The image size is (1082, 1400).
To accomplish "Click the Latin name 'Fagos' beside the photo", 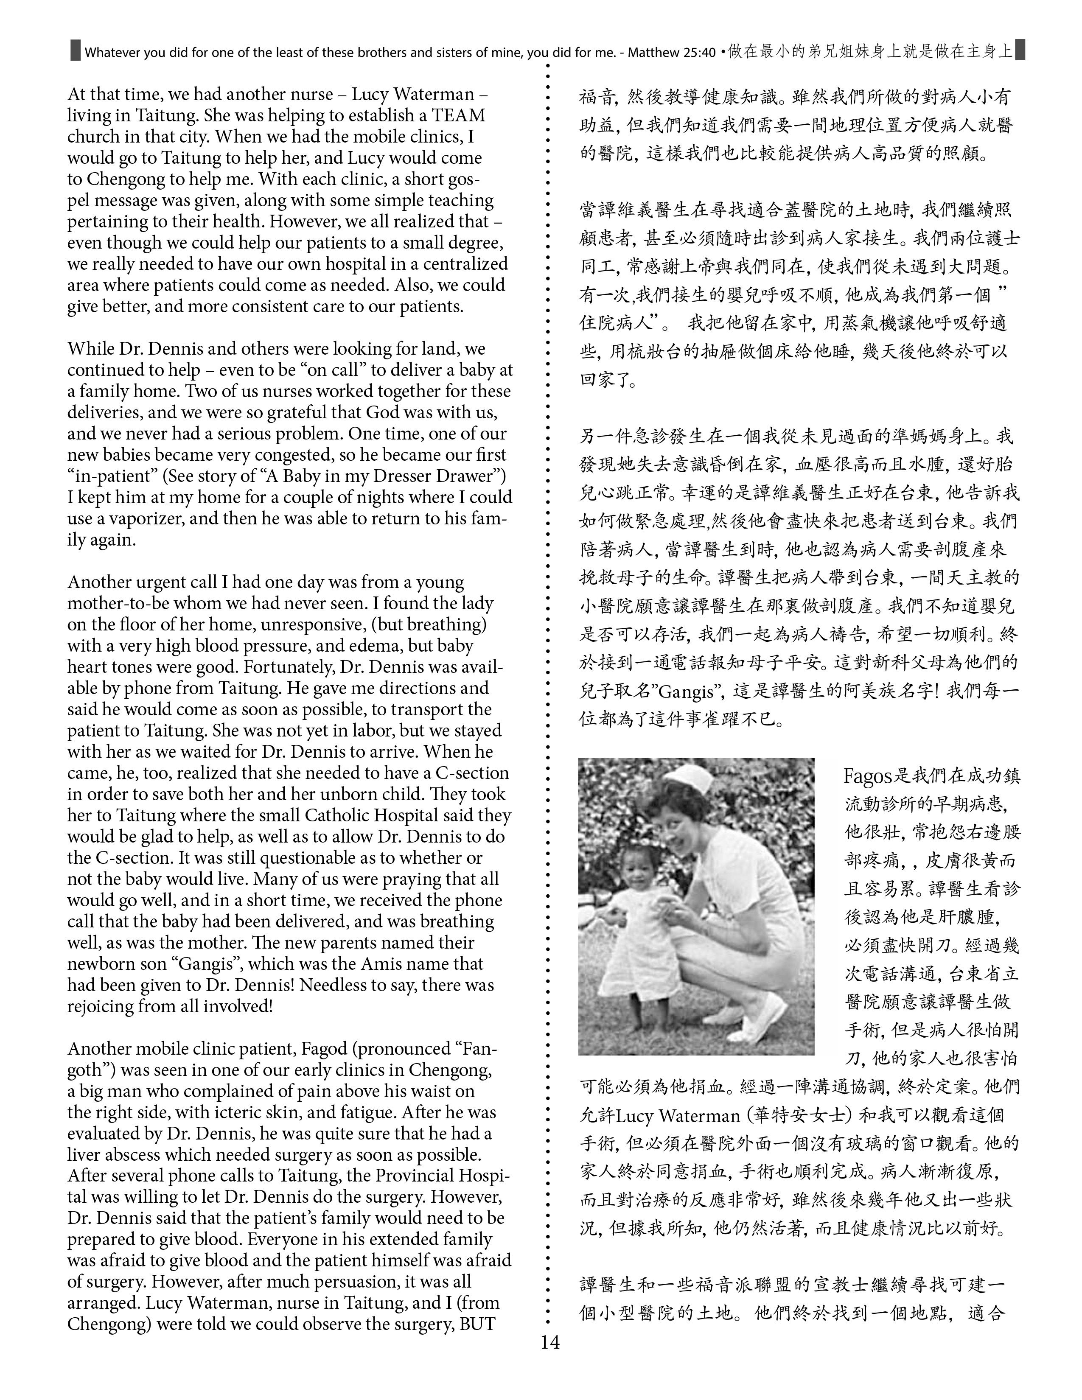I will tap(868, 776).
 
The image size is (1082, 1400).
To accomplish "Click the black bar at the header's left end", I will tap(75, 50).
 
